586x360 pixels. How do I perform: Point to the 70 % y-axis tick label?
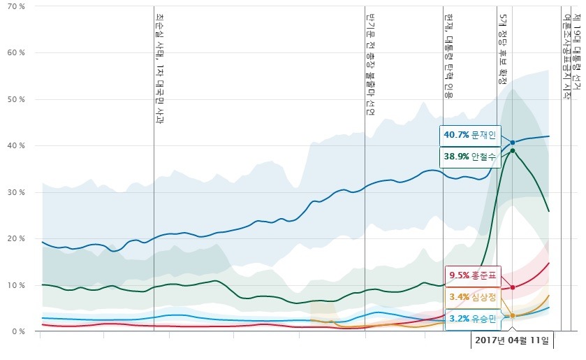(x=17, y=7)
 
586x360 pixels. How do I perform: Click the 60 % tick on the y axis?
(x=17, y=53)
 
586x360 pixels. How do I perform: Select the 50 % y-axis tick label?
(x=17, y=99)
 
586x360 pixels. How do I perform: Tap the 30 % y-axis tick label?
(x=17, y=192)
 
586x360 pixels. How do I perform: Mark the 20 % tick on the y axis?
(x=17, y=239)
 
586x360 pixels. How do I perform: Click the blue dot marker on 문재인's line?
(x=513, y=143)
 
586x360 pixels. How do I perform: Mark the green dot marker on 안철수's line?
(x=513, y=150)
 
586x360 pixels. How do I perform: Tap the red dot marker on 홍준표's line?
(x=513, y=287)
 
